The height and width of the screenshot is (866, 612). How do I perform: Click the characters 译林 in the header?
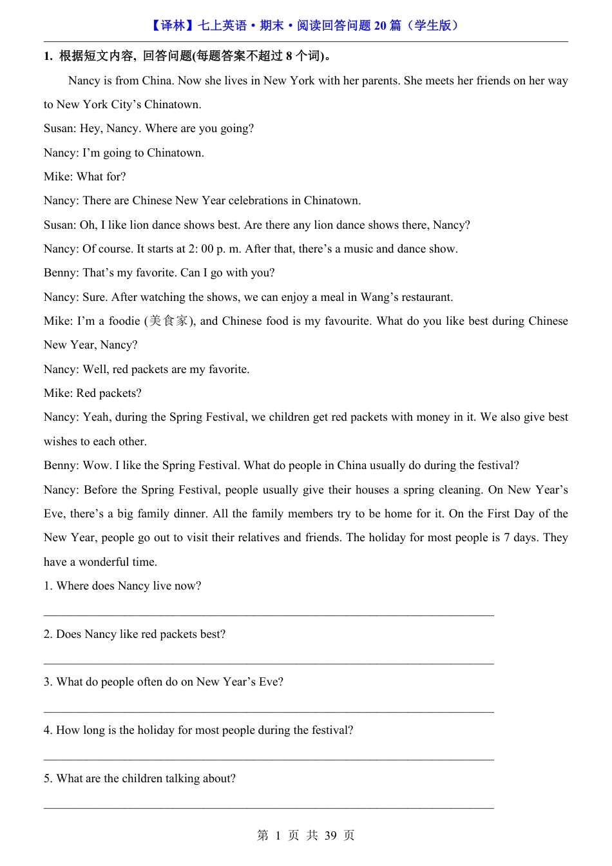173,26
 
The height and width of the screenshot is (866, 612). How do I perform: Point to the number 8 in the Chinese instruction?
289,56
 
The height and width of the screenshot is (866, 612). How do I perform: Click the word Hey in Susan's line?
91,128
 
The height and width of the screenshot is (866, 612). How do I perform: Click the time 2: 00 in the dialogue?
201,249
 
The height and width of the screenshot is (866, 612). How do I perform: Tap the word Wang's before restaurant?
386,297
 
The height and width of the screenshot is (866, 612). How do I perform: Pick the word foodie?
124,321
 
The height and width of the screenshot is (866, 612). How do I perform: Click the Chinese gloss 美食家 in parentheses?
168,321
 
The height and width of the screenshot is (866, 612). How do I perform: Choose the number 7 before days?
507,537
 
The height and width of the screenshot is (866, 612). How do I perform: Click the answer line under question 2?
269,662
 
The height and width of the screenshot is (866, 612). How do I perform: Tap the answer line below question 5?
269,807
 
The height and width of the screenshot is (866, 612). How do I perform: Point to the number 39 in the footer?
330,836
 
